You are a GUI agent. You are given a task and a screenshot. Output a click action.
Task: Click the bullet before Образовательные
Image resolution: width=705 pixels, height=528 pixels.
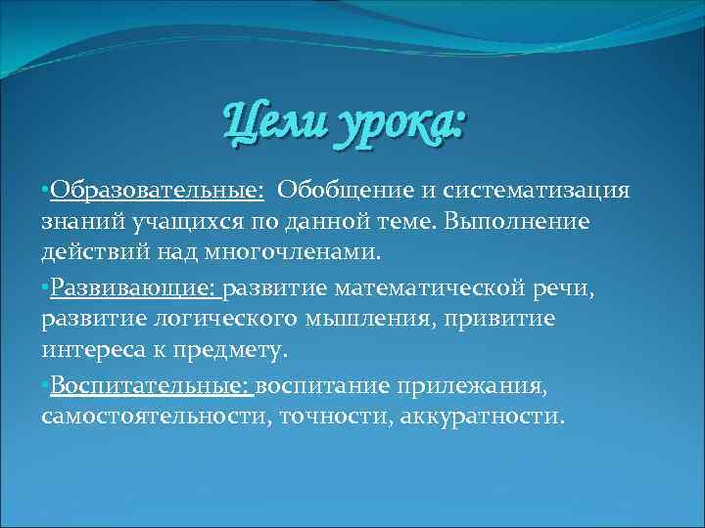pos(46,189)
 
